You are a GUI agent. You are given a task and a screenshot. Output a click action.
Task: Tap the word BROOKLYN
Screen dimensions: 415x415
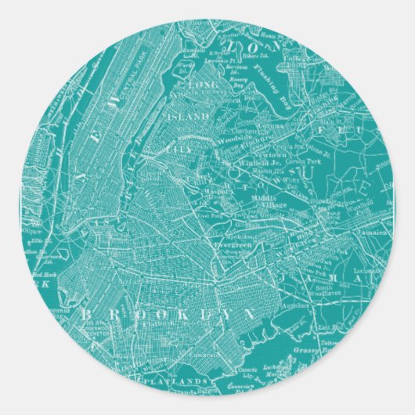(x=168, y=312)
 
